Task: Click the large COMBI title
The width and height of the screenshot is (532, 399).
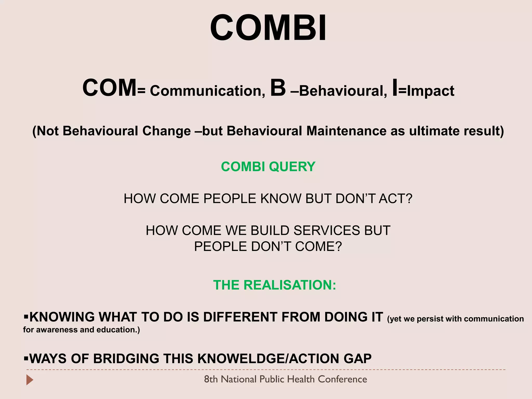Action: point(268,28)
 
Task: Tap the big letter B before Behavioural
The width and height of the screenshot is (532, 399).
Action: point(278,88)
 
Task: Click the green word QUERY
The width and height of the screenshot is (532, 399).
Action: point(292,167)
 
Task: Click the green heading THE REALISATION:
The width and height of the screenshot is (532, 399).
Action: point(275,285)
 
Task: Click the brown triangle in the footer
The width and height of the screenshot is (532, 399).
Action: point(30,380)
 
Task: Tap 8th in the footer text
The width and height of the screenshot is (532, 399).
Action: point(211,379)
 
